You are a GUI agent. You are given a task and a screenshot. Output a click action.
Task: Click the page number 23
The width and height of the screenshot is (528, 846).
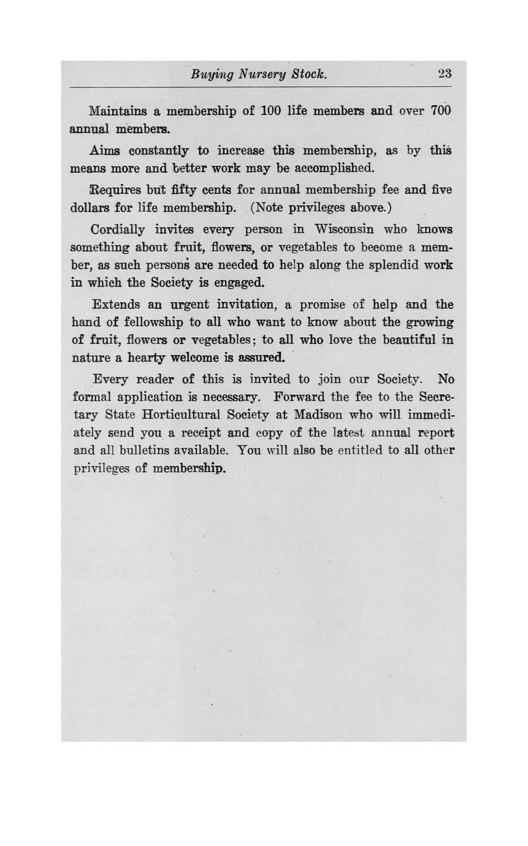(x=445, y=74)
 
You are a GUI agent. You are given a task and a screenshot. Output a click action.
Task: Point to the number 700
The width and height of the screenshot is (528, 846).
(x=440, y=111)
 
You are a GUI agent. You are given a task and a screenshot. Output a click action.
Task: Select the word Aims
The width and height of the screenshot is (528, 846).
(x=105, y=150)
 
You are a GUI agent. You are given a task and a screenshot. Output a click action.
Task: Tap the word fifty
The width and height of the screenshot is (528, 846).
(x=186, y=190)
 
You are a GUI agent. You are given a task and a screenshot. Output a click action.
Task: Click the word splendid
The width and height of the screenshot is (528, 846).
(x=394, y=265)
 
